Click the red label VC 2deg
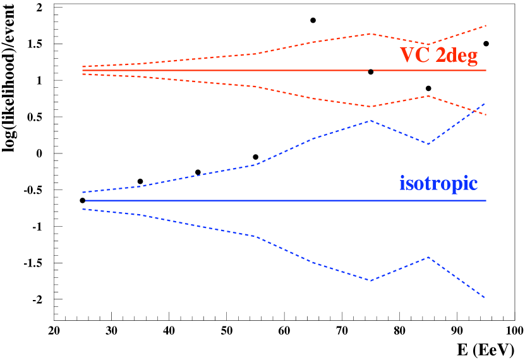(438, 56)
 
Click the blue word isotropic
(438, 184)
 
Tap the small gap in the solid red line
(371, 70)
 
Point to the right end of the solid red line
(486, 70)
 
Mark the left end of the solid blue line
(86, 200)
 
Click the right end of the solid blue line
(486, 200)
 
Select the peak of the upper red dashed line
(371, 33)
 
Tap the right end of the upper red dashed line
(486, 25)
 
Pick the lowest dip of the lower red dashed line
(371, 107)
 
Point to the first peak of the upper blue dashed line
(371, 120)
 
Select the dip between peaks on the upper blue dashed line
(429, 144)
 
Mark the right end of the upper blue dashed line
(485, 102)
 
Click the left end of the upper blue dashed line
(83, 192)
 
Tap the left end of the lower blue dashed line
(83, 209)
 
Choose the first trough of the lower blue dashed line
(371, 280)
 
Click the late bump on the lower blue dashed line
(429, 257)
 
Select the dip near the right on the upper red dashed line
(429, 45)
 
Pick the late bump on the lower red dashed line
(429, 96)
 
